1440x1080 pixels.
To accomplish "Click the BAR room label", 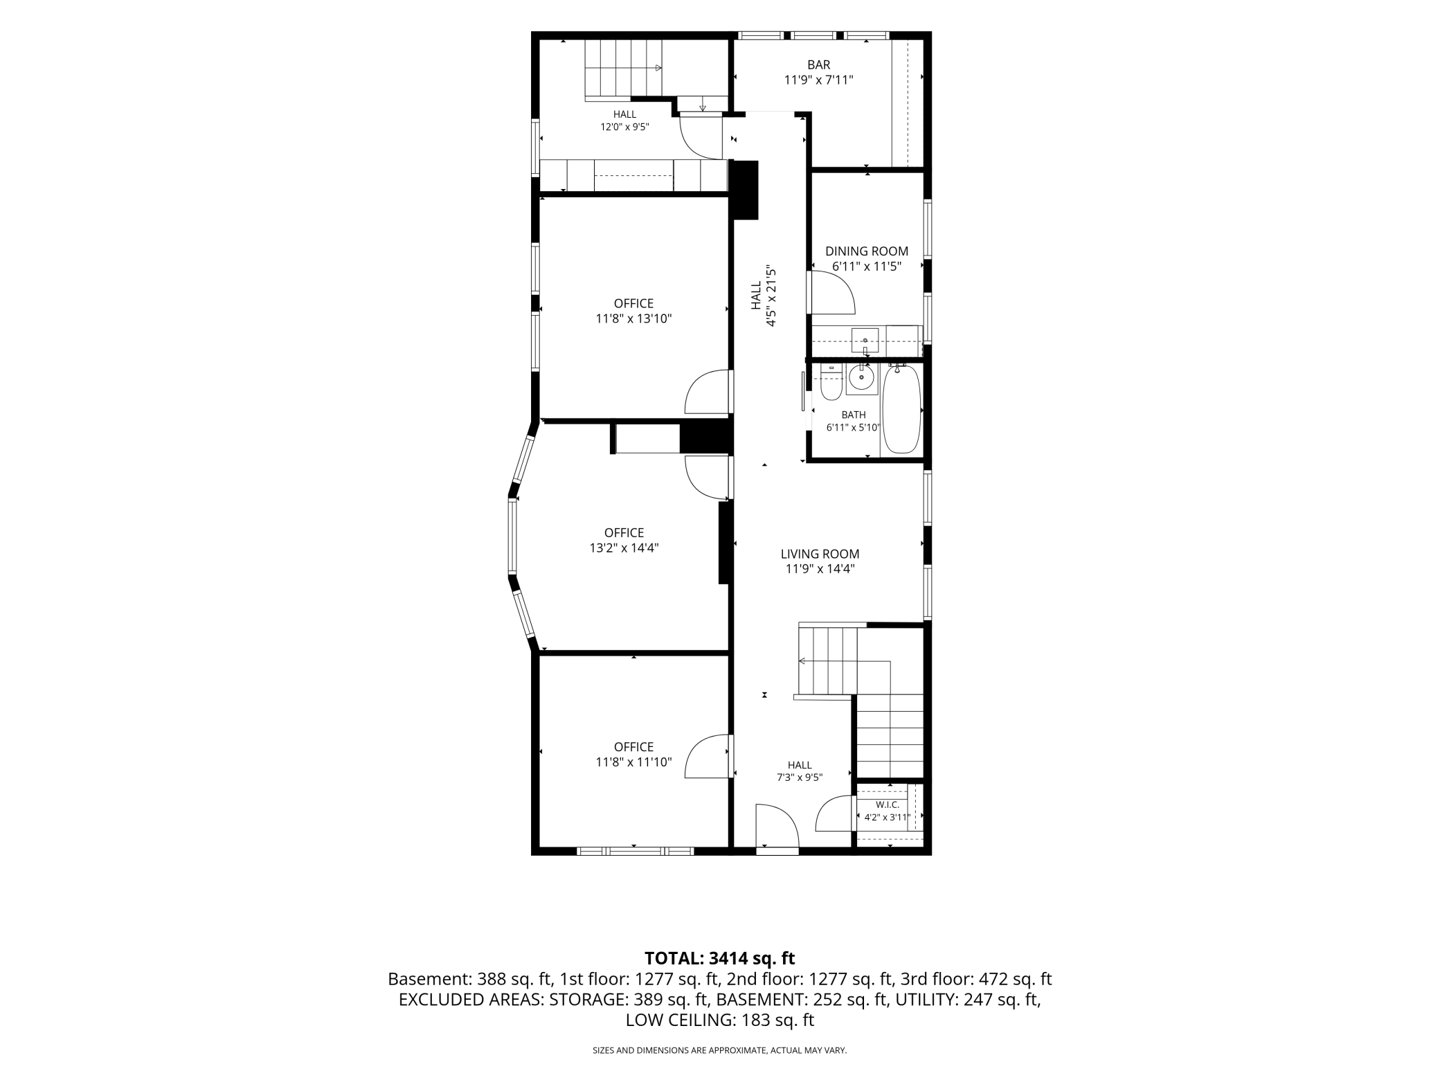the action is click(818, 65).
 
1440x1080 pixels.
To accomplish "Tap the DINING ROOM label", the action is click(867, 251).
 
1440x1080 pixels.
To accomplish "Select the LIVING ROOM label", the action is click(820, 554).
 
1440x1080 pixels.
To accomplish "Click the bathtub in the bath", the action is click(902, 409).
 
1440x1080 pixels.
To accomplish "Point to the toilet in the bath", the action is click(831, 384).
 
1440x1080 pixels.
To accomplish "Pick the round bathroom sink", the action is click(863, 378).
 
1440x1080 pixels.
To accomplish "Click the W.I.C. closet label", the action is click(888, 804).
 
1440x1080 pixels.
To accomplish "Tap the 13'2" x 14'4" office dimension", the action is click(624, 548).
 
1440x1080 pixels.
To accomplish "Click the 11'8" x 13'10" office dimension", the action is click(633, 318).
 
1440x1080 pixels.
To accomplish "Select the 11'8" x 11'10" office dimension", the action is click(633, 762).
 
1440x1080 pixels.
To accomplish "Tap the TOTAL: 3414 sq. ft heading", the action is click(719, 958).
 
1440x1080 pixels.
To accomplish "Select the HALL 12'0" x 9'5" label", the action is click(624, 120).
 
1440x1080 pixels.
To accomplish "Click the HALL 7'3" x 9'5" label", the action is click(800, 771).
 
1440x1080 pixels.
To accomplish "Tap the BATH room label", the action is click(854, 415).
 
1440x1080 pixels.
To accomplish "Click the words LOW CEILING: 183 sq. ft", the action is click(719, 1020).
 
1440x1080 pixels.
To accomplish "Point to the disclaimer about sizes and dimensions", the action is click(719, 1050).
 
